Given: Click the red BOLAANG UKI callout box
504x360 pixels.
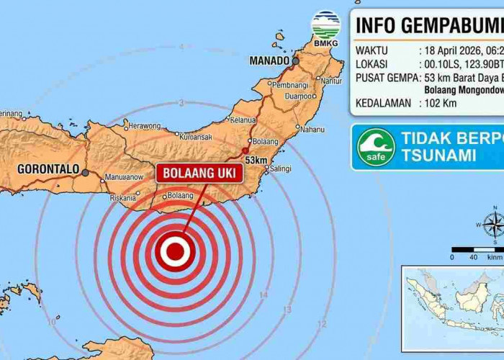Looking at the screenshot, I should [x=200, y=173].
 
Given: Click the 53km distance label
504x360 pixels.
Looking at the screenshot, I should [x=256, y=159].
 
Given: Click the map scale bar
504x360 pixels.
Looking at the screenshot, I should [x=476, y=249].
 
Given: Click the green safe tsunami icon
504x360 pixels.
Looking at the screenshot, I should [x=376, y=147].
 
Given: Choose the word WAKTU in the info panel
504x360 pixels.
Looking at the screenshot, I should [x=373, y=51].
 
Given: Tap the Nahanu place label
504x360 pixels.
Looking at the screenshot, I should [x=312, y=130].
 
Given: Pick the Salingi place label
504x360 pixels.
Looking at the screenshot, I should [x=280, y=168].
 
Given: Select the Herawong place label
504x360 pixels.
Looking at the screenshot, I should [x=145, y=125].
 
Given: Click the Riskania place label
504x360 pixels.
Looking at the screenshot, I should [x=122, y=197].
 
